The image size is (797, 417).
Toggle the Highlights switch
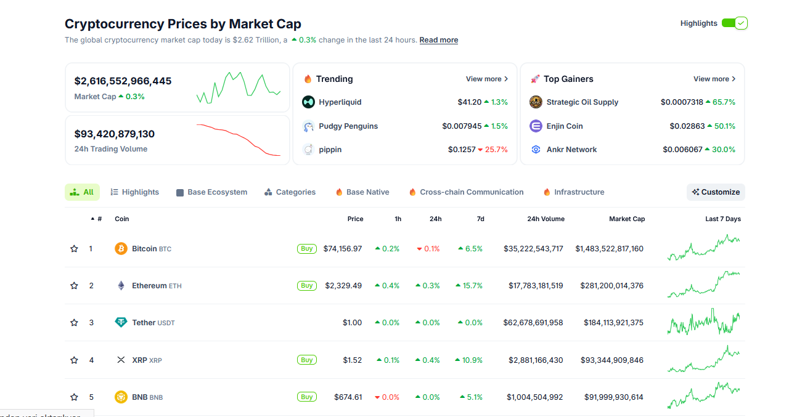point(734,23)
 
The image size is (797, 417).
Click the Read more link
point(438,40)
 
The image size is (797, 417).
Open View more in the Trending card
point(486,79)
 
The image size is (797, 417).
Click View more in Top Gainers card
point(714,79)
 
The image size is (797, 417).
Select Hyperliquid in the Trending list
point(340,102)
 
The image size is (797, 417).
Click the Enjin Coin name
point(564,126)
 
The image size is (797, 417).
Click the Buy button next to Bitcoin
point(306,249)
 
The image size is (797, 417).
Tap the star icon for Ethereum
point(74,286)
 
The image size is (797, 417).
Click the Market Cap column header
point(626,219)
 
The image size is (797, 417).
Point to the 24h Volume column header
point(546,219)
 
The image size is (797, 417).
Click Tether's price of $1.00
point(352,323)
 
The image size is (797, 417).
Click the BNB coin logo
point(121,397)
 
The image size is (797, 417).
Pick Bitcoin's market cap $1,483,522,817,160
point(609,249)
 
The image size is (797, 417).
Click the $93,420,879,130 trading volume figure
point(114,134)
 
